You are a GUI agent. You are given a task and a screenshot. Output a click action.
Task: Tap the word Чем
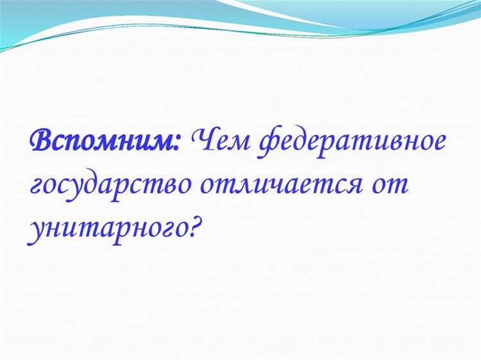pyautogui.click(x=217, y=140)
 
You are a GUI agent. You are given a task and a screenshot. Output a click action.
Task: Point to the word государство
pyautogui.click(x=109, y=185)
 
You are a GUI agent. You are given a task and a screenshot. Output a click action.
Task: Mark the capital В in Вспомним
pyautogui.click(x=42, y=139)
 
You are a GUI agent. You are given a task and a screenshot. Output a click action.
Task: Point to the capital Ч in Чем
pyautogui.click(x=201, y=139)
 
